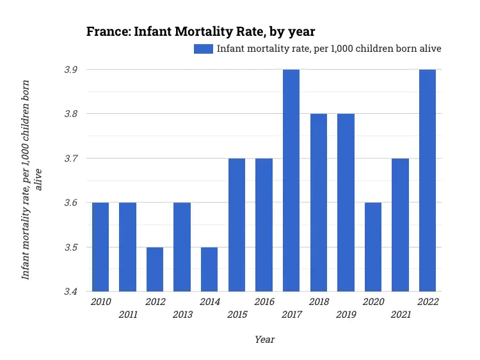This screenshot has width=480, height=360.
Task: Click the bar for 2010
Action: click(x=100, y=247)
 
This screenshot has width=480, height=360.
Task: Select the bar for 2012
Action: click(x=155, y=269)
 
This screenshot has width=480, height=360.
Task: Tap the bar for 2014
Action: click(x=209, y=269)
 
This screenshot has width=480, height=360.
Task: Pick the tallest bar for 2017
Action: click(x=291, y=180)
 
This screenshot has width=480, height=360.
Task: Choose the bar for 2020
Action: click(x=373, y=247)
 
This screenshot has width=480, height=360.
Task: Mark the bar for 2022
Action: click(x=428, y=180)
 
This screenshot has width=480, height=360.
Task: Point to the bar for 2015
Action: click(x=237, y=225)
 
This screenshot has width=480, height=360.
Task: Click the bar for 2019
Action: click(x=346, y=203)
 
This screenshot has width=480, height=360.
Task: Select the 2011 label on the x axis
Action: click(x=128, y=314)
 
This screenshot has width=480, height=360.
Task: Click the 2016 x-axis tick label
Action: click(x=264, y=302)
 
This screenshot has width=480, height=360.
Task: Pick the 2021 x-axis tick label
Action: click(x=401, y=314)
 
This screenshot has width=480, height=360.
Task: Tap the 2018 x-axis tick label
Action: click(x=319, y=302)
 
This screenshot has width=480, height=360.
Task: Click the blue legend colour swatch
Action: click(x=204, y=49)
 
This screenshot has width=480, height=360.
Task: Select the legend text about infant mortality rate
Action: click(x=329, y=49)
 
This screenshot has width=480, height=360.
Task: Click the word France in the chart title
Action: click(x=108, y=31)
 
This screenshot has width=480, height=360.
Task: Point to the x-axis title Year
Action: click(x=264, y=340)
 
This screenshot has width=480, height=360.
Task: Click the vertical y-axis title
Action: click(x=32, y=179)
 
